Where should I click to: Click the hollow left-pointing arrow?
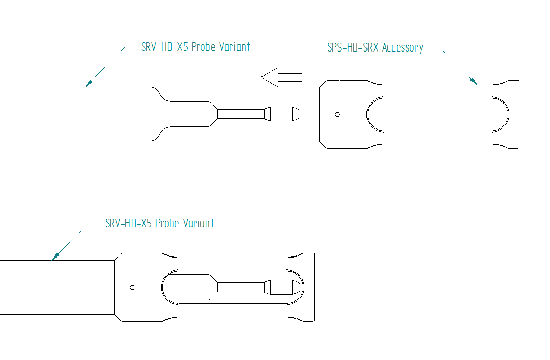(x=281, y=77)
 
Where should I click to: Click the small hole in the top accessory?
(x=337, y=114)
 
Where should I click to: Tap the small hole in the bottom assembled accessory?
(x=132, y=288)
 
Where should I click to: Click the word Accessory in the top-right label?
(x=403, y=48)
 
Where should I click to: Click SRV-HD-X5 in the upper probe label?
(x=165, y=47)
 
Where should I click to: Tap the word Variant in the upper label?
(x=234, y=47)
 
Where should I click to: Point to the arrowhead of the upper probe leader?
(x=89, y=84)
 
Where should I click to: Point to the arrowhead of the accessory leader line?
(x=474, y=81)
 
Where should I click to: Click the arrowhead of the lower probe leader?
(x=55, y=257)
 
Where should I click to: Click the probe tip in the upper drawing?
(x=282, y=114)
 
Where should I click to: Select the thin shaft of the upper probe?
(x=241, y=114)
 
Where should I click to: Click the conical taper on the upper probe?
(x=213, y=114)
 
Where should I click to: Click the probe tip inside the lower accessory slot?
(x=282, y=288)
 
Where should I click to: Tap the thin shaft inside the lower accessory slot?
(x=241, y=288)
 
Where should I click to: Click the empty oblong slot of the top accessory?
(x=438, y=114)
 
